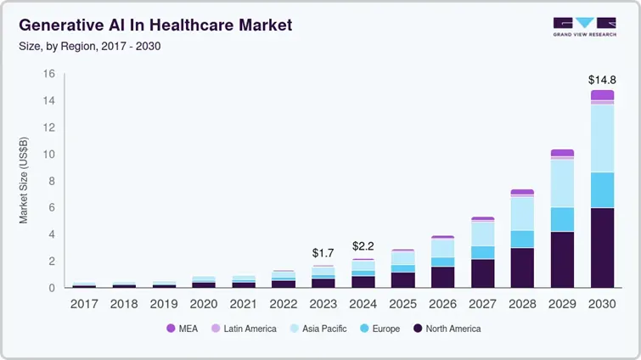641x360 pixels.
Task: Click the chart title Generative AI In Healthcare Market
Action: [155, 25]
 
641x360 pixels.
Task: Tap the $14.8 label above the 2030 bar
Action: [602, 80]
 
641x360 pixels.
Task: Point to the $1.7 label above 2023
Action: [323, 253]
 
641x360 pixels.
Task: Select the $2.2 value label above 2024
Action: [363, 246]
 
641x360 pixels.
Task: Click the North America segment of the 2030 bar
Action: [602, 248]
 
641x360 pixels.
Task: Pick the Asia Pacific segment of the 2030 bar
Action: [602, 138]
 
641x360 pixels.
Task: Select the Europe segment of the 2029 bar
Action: [562, 219]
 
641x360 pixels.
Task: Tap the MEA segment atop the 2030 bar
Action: [602, 95]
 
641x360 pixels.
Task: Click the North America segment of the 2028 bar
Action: [522, 267]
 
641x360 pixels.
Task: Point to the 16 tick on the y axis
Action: [48, 74]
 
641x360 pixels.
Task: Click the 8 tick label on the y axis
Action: [51, 181]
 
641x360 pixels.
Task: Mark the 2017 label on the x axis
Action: [84, 303]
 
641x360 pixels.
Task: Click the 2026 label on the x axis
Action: [442, 303]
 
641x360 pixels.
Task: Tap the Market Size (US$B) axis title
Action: [24, 180]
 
